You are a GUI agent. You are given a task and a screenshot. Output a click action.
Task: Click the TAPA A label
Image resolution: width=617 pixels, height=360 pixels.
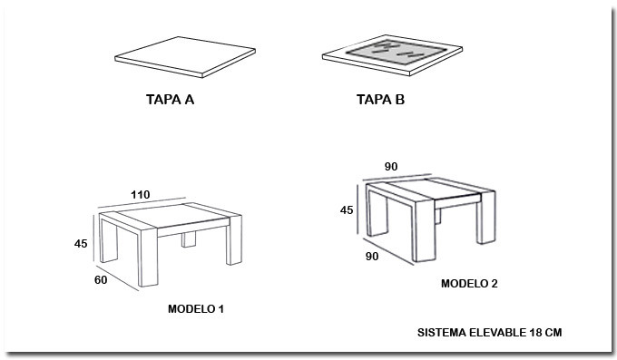(170, 100)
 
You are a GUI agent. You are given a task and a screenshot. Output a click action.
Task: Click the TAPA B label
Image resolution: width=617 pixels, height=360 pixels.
(380, 100)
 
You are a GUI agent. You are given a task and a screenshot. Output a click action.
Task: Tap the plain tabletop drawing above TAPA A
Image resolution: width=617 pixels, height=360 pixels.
(185, 57)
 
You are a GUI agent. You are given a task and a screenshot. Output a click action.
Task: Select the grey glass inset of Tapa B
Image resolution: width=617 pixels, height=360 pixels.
(397, 52)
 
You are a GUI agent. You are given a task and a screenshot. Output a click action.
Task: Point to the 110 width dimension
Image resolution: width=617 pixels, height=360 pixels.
(141, 195)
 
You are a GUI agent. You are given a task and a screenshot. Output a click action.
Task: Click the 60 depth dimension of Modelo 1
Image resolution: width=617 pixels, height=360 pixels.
(101, 279)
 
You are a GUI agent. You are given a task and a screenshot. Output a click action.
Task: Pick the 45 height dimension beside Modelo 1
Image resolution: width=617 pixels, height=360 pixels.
(81, 244)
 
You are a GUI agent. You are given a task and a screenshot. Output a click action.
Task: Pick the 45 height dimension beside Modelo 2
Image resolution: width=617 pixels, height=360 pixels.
(347, 210)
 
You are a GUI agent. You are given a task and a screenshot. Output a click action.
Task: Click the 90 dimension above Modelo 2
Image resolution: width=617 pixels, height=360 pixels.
(391, 167)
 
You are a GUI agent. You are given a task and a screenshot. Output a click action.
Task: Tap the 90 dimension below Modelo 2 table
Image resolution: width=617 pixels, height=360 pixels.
(372, 256)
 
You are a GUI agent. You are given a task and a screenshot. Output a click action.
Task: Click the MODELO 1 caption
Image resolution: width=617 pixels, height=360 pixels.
(196, 309)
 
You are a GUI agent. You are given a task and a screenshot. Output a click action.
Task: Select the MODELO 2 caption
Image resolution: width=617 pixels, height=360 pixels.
(469, 283)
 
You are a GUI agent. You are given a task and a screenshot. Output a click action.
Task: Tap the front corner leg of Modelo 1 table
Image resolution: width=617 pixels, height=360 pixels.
(149, 257)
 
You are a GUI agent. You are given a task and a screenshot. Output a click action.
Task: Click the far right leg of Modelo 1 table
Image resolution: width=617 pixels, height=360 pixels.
(235, 239)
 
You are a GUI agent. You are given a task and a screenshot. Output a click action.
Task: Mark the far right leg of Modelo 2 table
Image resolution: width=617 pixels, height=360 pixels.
(486, 218)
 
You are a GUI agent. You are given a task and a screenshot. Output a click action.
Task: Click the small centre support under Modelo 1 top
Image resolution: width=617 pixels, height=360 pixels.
(189, 238)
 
